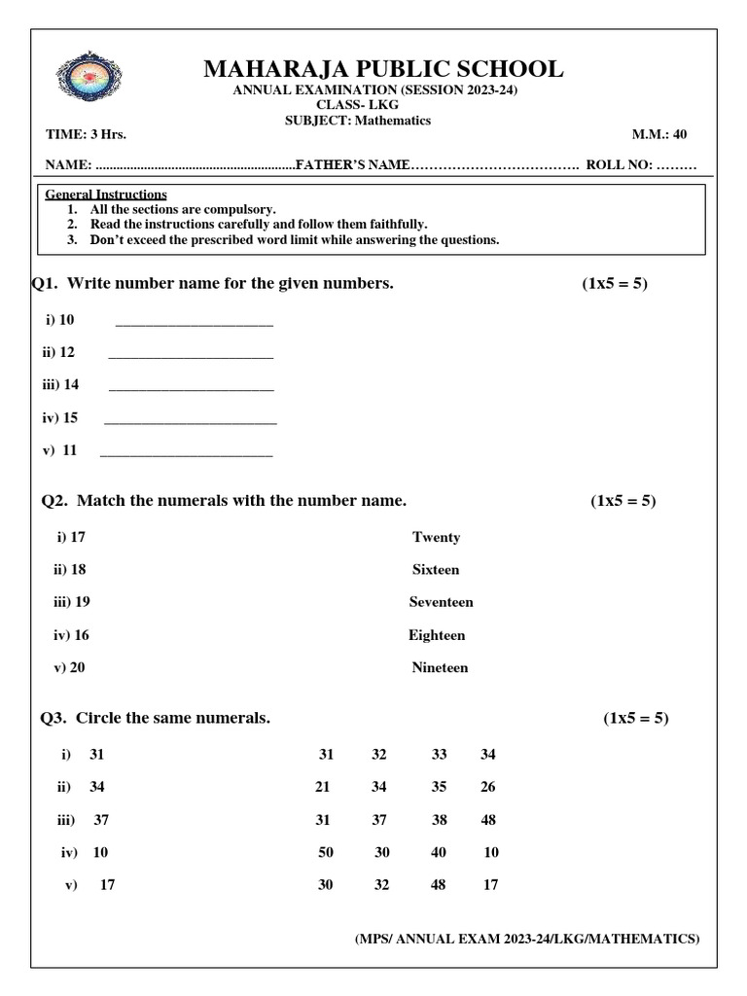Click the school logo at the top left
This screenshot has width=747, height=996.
click(91, 82)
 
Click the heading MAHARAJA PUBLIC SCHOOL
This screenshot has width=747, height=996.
click(382, 69)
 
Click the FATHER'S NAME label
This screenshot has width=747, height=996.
click(351, 165)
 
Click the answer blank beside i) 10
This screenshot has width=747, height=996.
click(195, 322)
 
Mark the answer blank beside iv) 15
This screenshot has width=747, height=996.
click(191, 420)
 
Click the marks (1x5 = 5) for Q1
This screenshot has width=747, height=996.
click(615, 283)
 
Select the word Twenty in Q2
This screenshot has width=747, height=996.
click(436, 537)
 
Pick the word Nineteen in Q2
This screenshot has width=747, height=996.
click(440, 667)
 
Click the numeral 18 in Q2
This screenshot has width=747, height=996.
click(78, 570)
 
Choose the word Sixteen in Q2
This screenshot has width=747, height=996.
click(435, 570)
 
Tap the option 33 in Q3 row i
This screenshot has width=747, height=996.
click(439, 755)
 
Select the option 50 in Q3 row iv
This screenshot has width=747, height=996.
click(326, 852)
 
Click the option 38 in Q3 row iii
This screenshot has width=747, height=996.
click(439, 820)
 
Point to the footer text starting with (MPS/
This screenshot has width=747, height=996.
click(525, 939)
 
